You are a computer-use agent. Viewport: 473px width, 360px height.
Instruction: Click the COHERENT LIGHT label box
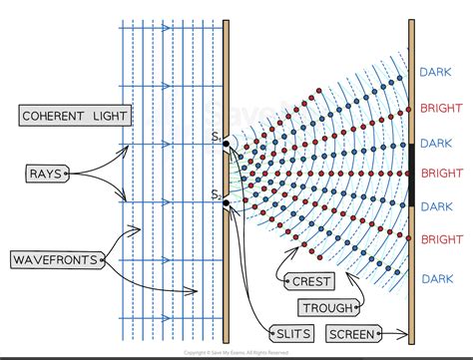tap(75, 117)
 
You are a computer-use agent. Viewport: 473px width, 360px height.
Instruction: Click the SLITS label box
tap(291, 332)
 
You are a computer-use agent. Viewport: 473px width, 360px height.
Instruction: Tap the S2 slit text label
tap(216, 192)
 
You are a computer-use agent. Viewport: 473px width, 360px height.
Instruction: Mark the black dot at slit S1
tap(227, 145)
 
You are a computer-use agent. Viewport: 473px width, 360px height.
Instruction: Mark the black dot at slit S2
tap(227, 203)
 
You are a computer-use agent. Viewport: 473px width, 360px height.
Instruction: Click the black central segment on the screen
tap(411, 174)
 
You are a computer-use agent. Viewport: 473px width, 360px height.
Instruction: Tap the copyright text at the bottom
tap(236, 353)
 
